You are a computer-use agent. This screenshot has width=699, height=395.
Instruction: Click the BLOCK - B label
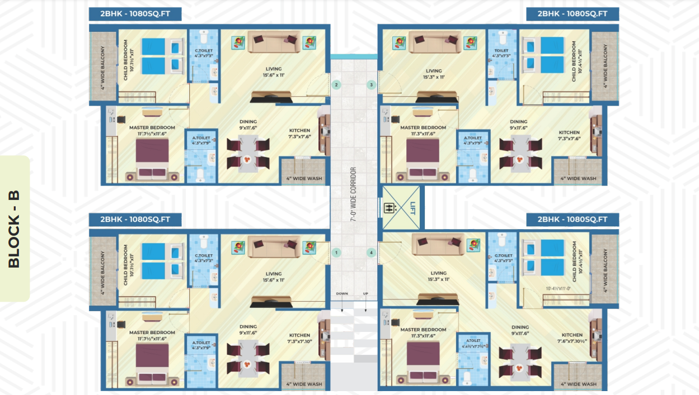[14, 229]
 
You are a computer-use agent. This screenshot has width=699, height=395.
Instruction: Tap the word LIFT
[413, 207]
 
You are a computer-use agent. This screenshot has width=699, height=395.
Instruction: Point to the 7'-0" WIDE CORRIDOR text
[353, 194]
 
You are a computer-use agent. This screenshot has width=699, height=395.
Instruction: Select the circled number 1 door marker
[336, 253]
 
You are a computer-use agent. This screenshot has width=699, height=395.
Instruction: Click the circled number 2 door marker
[336, 85]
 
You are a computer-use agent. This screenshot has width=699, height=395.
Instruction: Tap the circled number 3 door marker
[371, 85]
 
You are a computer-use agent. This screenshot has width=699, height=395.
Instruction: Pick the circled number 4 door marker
[371, 253]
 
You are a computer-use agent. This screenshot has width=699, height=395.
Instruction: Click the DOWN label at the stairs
[342, 293]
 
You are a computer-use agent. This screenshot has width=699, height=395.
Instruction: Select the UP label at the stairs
[366, 293]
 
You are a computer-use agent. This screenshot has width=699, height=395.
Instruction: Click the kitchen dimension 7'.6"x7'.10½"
[572, 340]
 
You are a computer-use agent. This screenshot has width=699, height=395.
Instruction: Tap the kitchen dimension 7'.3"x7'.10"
[299, 340]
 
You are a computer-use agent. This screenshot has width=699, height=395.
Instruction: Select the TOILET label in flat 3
[501, 50]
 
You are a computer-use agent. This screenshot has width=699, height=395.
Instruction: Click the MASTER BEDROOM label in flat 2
[152, 127]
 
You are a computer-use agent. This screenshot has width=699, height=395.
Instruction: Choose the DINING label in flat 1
[248, 327]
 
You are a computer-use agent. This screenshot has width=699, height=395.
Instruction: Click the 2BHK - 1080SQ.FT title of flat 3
[572, 14]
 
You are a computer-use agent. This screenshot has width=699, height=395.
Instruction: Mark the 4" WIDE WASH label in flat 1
[304, 384]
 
